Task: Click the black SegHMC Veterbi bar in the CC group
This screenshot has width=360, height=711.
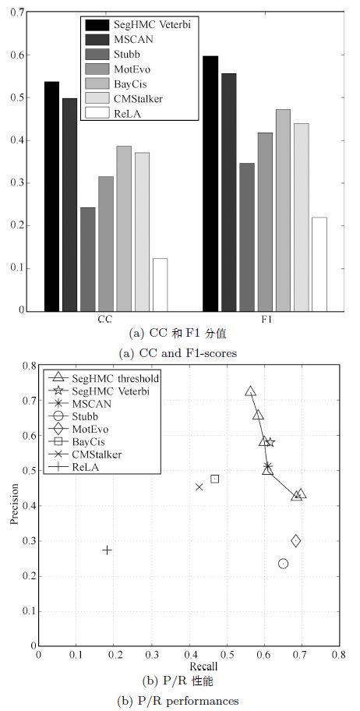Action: tap(51, 196)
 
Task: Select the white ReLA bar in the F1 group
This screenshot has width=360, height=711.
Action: tap(319, 264)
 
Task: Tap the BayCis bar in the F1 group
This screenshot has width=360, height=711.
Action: tap(283, 210)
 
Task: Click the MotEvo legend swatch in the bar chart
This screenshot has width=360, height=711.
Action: tap(96, 69)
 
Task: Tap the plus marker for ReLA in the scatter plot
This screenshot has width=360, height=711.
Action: tap(107, 550)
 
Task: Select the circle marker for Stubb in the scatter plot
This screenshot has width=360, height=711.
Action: tap(284, 564)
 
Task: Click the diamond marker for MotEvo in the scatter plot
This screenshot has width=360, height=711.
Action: tap(296, 540)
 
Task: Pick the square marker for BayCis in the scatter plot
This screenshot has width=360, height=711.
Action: tap(215, 479)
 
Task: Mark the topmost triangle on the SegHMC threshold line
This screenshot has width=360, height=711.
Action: tap(251, 391)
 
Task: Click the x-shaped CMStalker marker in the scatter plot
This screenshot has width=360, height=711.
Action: tap(199, 487)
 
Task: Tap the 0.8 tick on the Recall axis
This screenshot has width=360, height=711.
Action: tap(339, 655)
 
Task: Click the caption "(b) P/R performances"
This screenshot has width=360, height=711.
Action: tap(178, 701)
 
